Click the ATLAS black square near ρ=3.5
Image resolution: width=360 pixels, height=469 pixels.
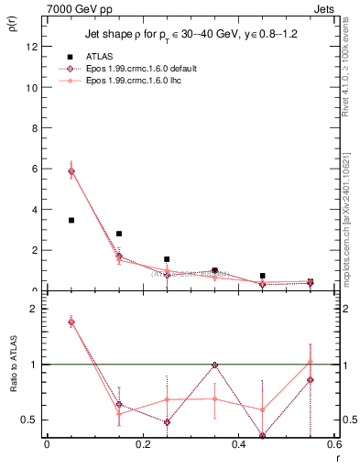point(71,220)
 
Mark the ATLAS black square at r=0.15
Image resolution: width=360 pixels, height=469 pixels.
point(119,234)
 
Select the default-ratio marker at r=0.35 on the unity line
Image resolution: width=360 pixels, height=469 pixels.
point(214,365)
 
